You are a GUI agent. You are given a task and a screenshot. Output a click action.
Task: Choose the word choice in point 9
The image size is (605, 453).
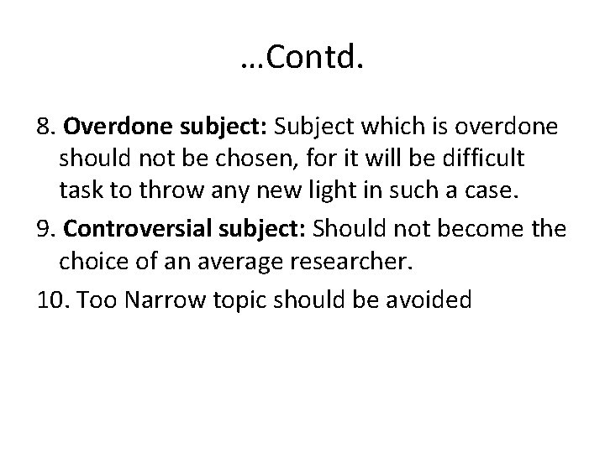95,262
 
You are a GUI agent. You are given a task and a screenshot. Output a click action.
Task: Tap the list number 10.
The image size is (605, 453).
53,299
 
